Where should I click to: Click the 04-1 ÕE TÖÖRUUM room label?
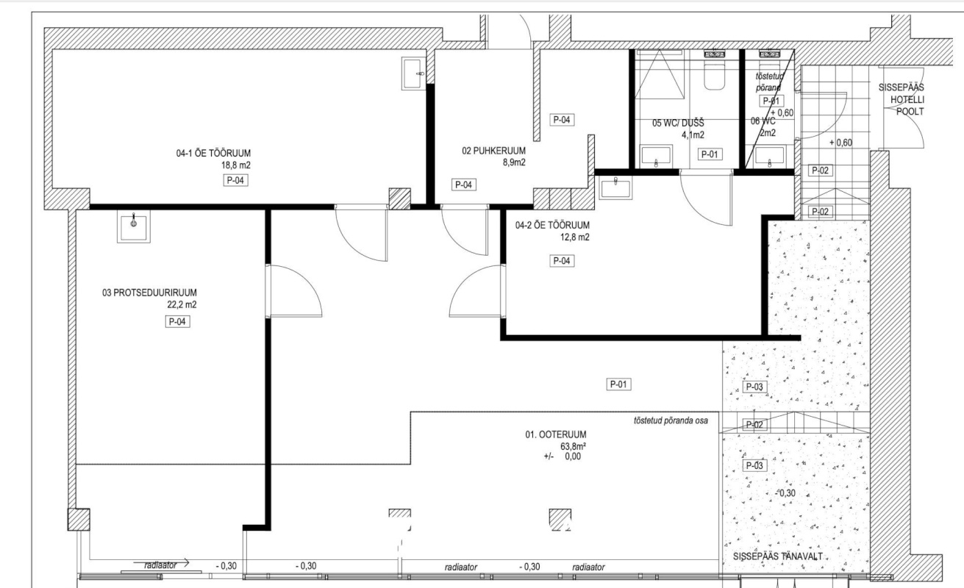(x=213, y=153)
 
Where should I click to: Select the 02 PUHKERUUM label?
(x=493, y=151)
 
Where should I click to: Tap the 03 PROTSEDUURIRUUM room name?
(x=149, y=293)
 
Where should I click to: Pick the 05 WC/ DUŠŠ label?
(x=678, y=123)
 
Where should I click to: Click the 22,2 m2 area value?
(x=182, y=305)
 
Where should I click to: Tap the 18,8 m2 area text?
(x=236, y=165)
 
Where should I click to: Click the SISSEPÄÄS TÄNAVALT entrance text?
(x=778, y=556)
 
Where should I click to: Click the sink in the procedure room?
(x=133, y=226)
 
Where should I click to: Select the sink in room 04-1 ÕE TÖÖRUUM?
(x=413, y=73)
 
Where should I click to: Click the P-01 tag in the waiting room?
(x=618, y=384)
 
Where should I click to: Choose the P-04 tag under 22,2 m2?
(x=177, y=321)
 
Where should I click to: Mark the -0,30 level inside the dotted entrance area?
(x=785, y=493)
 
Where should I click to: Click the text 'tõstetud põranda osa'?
(x=671, y=420)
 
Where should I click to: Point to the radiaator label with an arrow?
(x=160, y=564)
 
